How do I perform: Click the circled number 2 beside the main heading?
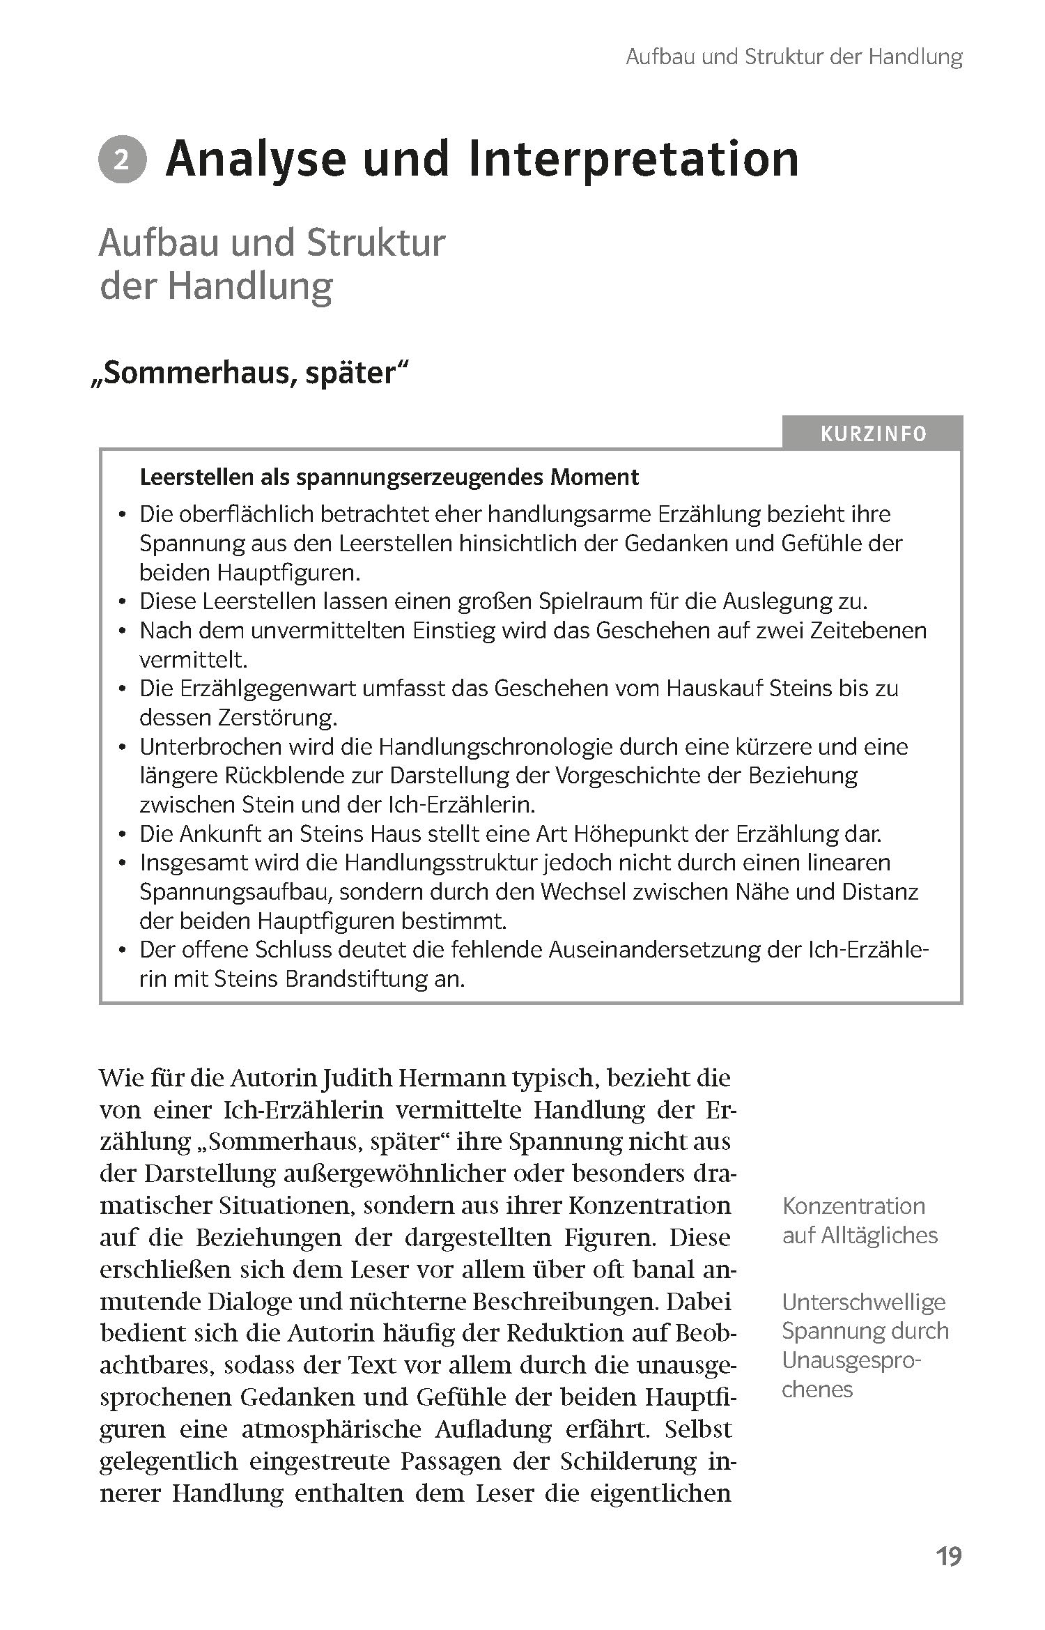pyautogui.click(x=123, y=161)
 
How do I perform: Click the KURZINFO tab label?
pyautogui.click(x=873, y=434)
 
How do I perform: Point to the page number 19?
pyautogui.click(x=948, y=1556)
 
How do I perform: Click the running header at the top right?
pyautogui.click(x=794, y=57)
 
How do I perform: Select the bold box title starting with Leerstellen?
pyautogui.click(x=389, y=477)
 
